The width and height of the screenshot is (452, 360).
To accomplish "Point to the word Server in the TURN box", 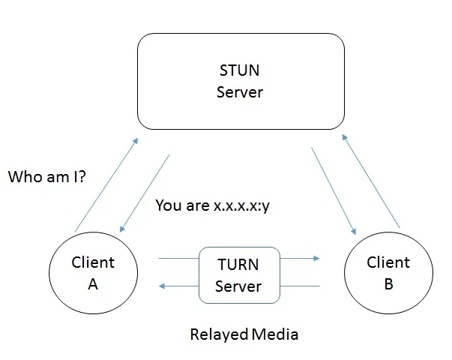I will click(238, 286).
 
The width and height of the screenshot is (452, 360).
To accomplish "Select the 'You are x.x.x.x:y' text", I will click(212, 205).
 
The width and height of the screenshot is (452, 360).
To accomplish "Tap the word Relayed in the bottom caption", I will click(219, 333).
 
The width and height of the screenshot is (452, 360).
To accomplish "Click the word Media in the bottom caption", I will click(274, 333).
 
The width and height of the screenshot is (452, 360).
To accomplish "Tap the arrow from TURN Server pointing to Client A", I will click(177, 286).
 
